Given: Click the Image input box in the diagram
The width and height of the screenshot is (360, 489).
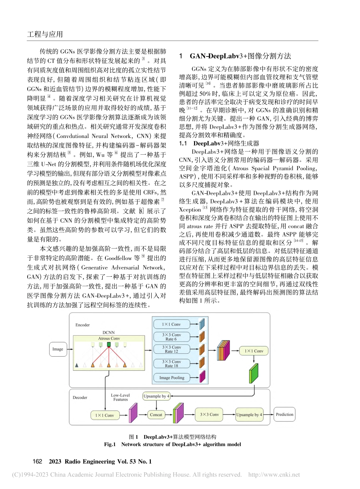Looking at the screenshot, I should point(58,349).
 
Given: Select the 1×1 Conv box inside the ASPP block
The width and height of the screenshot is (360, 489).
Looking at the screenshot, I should point(171,324).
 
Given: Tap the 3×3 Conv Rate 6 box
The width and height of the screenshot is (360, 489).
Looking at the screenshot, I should point(171,337).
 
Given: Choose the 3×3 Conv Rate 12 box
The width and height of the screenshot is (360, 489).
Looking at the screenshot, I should point(171,349).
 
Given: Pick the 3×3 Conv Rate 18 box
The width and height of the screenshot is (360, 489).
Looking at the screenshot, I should point(171,364).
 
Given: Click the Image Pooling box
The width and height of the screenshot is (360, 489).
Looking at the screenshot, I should point(171,378).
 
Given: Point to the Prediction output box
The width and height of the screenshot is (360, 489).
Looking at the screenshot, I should point(284,414).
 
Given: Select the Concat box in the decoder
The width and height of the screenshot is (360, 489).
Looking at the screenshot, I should point(156,415).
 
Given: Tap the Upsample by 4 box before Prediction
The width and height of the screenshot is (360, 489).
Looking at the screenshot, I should point(249,415).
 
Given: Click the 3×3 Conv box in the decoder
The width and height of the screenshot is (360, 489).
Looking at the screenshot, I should point(209,415).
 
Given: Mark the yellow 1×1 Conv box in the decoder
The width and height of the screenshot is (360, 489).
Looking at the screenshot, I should point(104,415).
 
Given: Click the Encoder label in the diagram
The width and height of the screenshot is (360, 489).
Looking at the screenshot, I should point(83,325).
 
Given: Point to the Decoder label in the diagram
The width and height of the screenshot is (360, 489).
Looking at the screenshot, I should point(80,398).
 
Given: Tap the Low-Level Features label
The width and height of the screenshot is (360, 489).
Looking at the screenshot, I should point(121,397).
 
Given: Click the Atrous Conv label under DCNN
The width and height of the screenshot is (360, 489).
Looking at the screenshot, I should point(109,339).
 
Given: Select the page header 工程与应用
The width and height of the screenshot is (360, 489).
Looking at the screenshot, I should point(45,34).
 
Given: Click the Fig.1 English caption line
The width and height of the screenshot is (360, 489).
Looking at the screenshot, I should point(172,444).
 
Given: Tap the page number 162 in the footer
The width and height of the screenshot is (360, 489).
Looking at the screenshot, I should point(38,461).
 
